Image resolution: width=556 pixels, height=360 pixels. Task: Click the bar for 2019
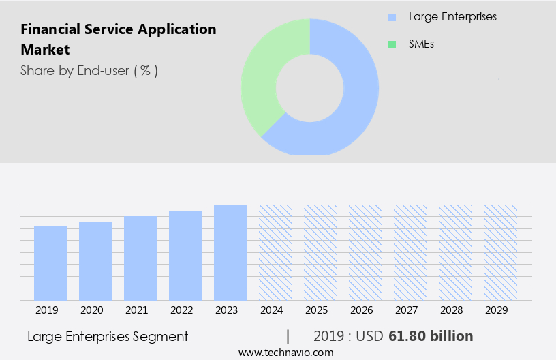(50, 263)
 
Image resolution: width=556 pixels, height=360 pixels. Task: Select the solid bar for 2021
(140, 258)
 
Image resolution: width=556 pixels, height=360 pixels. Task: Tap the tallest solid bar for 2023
(230, 252)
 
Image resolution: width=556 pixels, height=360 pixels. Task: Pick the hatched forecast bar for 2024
(275, 252)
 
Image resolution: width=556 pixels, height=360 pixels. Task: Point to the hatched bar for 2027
(410, 252)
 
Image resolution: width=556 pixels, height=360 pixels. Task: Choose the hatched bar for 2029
(500, 252)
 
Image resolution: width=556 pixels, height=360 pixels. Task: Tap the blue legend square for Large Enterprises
(392, 17)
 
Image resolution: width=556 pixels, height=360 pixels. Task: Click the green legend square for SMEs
(392, 44)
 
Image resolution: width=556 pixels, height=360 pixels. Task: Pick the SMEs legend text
(422, 44)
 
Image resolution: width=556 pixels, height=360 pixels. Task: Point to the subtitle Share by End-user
(89, 70)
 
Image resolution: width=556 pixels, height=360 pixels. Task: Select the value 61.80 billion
(431, 336)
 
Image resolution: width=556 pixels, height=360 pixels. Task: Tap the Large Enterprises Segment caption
(108, 336)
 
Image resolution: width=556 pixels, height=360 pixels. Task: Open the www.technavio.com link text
(286, 352)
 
